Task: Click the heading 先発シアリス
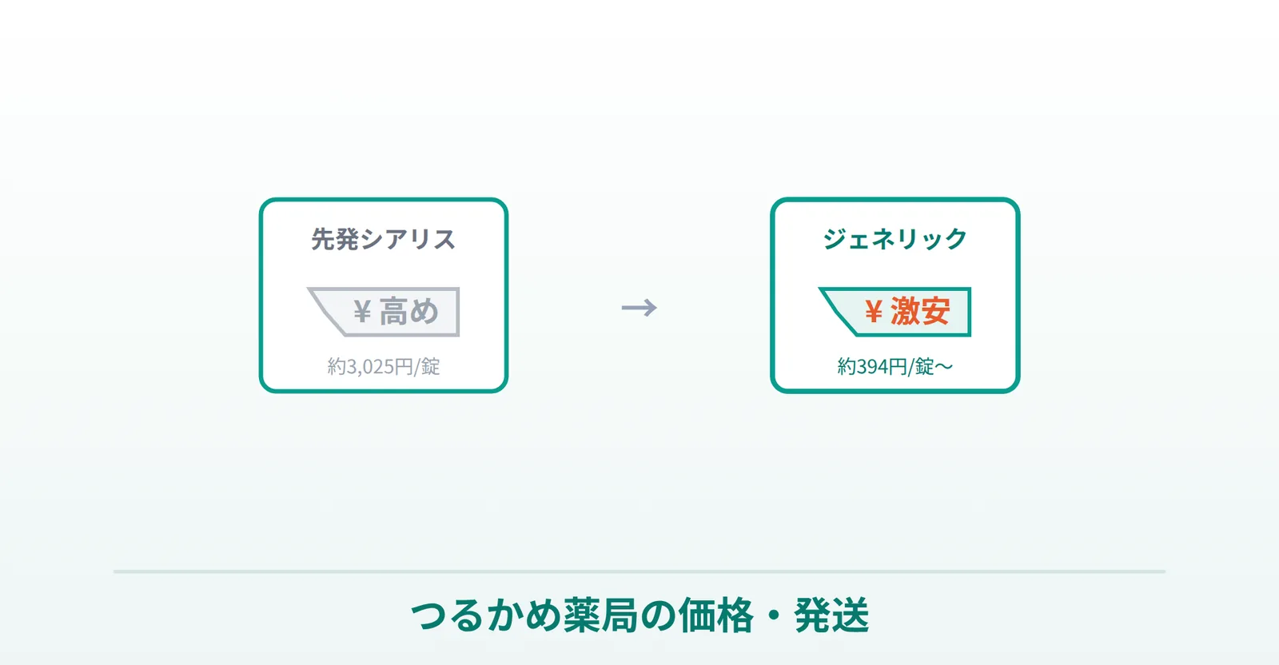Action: pos(383,239)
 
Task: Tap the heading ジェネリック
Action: pos(895,239)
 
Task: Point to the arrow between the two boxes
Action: pos(639,308)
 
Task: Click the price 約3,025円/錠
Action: pos(383,366)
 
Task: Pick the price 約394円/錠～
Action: pos(895,366)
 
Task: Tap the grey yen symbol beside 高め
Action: pos(362,312)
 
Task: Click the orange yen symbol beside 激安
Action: pos(873,312)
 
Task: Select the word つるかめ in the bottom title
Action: pos(486,615)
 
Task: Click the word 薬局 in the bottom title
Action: pos(600,615)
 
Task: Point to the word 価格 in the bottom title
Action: pos(716,615)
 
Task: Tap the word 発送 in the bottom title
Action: pos(831,615)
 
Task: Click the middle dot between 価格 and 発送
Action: pos(774,616)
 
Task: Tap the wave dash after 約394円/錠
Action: pos(944,367)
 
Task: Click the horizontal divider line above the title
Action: pos(639,571)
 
